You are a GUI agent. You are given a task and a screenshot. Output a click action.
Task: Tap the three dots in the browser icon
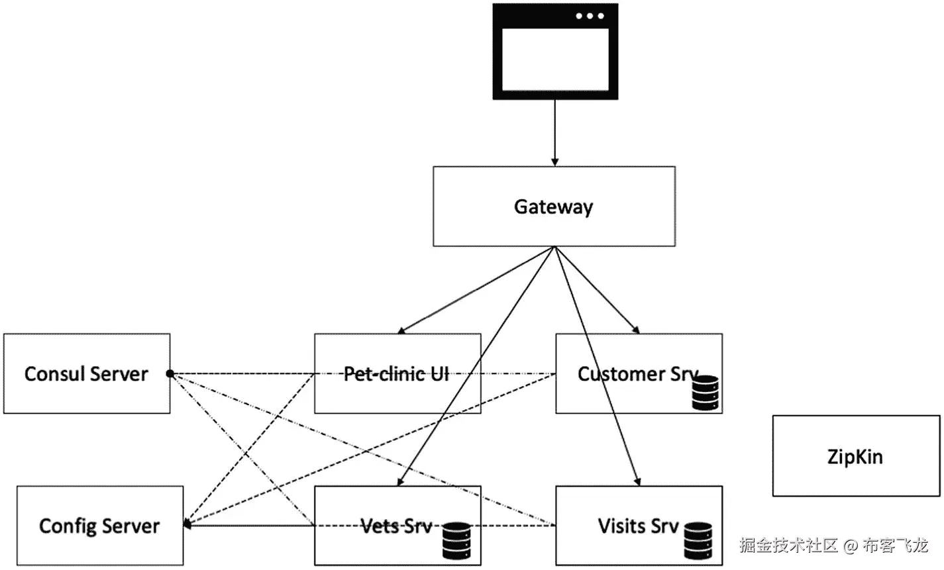pos(590,16)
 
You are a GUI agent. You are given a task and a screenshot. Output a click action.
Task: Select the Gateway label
pos(554,207)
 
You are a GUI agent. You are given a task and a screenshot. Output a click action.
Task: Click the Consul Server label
pos(86,374)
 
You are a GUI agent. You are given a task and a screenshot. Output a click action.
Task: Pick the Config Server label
pos(99,526)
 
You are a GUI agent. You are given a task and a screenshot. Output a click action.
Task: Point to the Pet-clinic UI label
pos(396,374)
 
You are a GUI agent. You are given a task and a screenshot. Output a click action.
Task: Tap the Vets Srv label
pos(396,526)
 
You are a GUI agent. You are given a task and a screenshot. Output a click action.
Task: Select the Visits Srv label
pos(638,526)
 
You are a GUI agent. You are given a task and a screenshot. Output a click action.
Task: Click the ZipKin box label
pos(855,457)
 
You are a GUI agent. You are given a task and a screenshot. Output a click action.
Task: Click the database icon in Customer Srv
pos(705,393)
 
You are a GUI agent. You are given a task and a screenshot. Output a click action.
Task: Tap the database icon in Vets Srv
pos(456,540)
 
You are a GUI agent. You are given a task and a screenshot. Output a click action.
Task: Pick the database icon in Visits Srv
pos(698,540)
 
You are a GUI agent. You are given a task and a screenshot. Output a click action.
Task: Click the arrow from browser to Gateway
pos(555,132)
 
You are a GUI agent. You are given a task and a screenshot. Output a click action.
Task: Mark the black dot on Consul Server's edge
pos(170,374)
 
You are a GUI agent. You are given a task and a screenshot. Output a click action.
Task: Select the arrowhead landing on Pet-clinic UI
pos(401,330)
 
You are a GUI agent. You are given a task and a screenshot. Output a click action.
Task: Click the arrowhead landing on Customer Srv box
pos(637,330)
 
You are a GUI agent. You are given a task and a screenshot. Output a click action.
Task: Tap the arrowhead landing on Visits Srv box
pos(637,481)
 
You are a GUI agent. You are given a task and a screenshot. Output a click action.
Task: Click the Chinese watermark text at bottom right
pos(834,546)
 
